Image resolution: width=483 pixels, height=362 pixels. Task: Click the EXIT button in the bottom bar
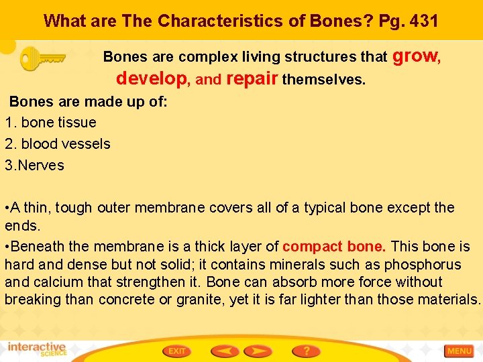[176, 351]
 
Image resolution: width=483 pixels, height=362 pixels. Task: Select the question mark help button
[306, 351]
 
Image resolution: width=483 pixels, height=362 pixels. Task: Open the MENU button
[460, 351]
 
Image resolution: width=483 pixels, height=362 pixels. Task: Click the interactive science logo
[38, 350]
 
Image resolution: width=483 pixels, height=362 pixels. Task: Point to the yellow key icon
[42, 58]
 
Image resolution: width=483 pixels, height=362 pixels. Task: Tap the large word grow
[414, 56]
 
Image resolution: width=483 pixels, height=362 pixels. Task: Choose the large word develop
[152, 79]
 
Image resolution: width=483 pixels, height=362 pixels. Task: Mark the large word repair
[252, 79]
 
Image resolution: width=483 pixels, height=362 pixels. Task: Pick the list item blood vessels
[66, 144]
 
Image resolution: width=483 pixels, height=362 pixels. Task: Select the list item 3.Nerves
[34, 166]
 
